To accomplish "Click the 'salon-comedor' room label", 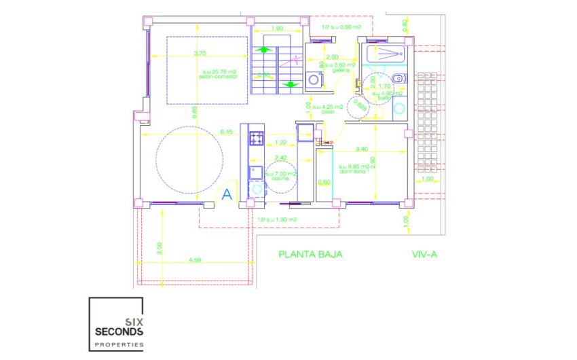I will [216, 75].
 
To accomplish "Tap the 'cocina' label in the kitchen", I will [280, 177].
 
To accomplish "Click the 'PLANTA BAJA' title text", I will [310, 255].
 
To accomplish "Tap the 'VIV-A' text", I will [425, 255].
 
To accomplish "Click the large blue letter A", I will [227, 194].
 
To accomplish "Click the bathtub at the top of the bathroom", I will [384, 54].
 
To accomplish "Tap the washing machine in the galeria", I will [314, 79].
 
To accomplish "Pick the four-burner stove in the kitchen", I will [257, 139].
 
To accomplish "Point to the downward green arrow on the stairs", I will [290, 84].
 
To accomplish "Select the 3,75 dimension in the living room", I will [200, 53].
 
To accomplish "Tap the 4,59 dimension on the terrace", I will [195, 260].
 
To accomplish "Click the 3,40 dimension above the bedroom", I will [362, 149].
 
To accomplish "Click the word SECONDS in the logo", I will [116, 331].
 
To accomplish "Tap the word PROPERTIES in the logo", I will [116, 346].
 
